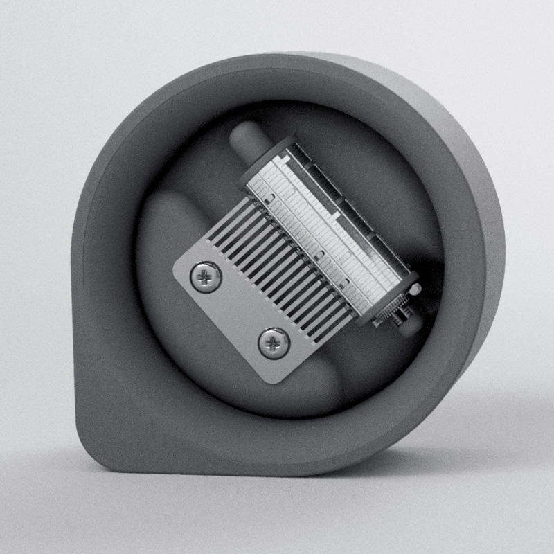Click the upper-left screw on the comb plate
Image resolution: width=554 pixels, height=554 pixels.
[x=206, y=278]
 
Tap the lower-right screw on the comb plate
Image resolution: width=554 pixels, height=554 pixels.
[x=274, y=342]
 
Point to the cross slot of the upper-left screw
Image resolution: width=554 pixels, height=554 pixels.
[x=206, y=278]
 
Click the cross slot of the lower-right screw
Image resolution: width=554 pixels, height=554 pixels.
[x=274, y=342]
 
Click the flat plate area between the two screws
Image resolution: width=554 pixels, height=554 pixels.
[x=239, y=312]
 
